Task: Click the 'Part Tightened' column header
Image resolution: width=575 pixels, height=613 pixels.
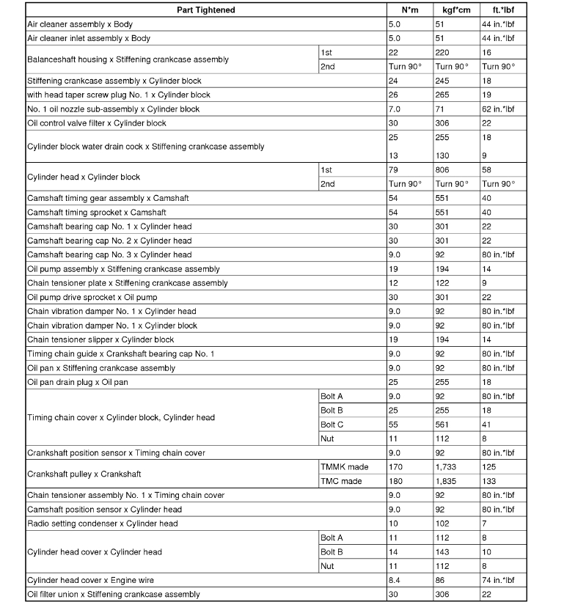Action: point(206,10)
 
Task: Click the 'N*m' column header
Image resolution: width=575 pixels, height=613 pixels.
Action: point(409,10)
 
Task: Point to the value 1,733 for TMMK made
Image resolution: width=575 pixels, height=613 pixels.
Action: point(446,467)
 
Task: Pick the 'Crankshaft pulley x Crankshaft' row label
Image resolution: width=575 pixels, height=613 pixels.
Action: point(84,474)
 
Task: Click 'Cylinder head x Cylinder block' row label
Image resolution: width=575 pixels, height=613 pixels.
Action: point(83,177)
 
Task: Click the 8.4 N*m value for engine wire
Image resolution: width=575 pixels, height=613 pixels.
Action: point(394,580)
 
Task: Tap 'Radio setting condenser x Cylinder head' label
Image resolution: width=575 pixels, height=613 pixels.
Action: point(102,524)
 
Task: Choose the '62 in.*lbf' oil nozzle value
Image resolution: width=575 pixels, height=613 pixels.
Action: point(494,109)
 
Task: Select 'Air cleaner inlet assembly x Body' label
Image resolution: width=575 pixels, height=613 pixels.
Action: point(89,38)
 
